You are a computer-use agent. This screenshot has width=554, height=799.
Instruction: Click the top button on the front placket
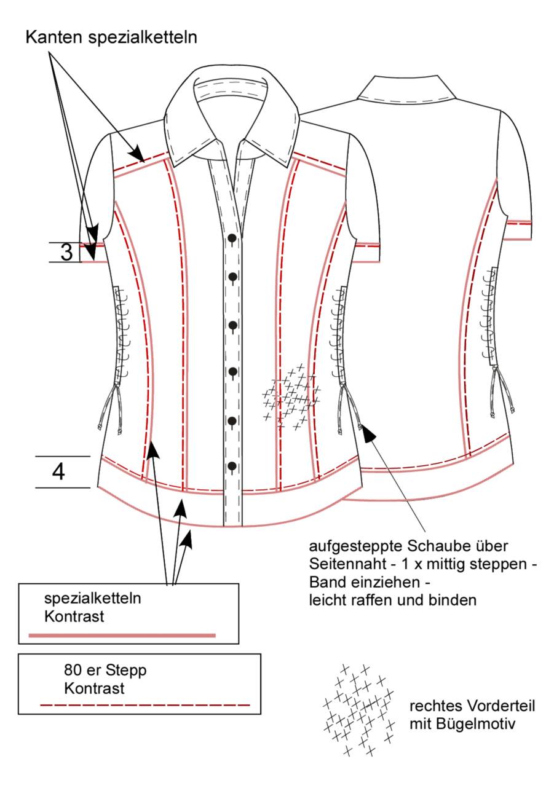click(x=232, y=238)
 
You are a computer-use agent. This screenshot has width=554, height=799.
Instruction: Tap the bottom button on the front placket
click(x=232, y=466)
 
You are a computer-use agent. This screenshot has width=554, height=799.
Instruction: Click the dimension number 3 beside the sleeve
click(x=67, y=252)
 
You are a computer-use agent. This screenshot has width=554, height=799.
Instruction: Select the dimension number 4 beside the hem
click(x=58, y=472)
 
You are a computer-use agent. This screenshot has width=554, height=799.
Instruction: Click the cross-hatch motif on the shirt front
click(x=291, y=396)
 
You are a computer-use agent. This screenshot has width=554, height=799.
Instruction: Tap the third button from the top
click(x=233, y=325)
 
